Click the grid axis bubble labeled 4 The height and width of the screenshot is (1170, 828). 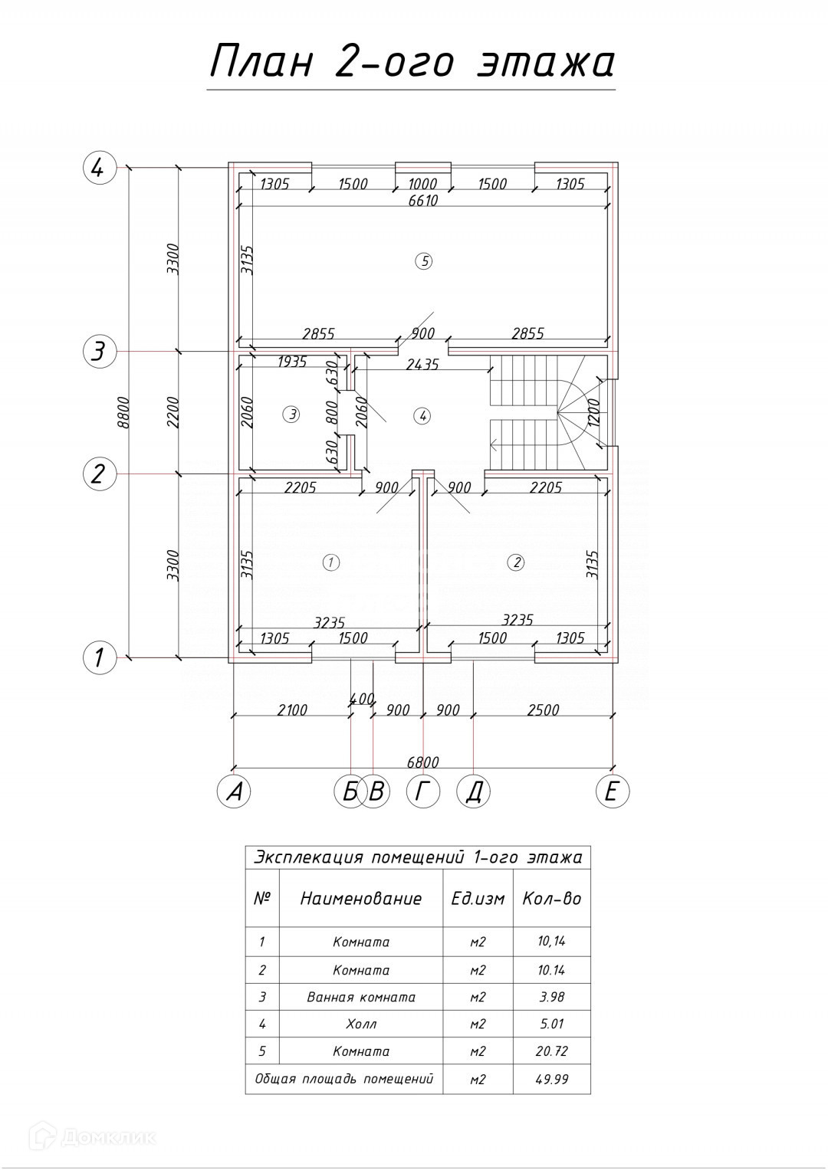tap(99, 167)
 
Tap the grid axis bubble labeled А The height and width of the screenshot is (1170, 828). tap(234, 791)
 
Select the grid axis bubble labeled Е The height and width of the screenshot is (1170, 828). tap(612, 791)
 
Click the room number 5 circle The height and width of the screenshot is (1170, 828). tap(423, 261)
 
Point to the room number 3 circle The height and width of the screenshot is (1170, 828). tap(291, 415)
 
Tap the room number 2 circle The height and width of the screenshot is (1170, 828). tap(516, 562)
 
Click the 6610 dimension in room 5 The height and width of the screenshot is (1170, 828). tap(423, 201)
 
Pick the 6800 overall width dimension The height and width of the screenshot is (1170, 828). tap(422, 762)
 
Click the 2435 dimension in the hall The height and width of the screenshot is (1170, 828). tap(422, 365)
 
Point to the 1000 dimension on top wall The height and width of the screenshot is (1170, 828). tap(422, 184)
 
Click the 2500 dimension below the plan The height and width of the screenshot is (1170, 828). tap(543, 710)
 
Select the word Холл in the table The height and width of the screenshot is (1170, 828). tap(361, 1024)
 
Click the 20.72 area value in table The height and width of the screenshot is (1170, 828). tap(551, 1051)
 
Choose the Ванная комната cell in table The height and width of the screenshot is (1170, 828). tap(361, 997)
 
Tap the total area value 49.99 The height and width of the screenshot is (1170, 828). tap(551, 1080)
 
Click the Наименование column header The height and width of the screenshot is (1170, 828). tap(361, 899)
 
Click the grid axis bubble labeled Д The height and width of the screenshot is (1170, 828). tap(473, 791)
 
